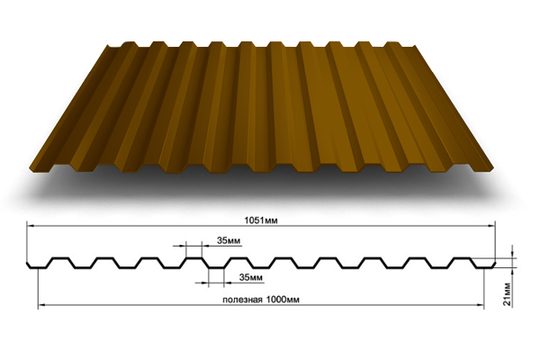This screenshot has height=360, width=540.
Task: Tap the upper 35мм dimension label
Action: pos(229,241)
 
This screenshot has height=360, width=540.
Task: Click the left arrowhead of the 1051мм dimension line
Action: pos(28,226)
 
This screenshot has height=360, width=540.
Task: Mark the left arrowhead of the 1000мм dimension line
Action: pos(40,306)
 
